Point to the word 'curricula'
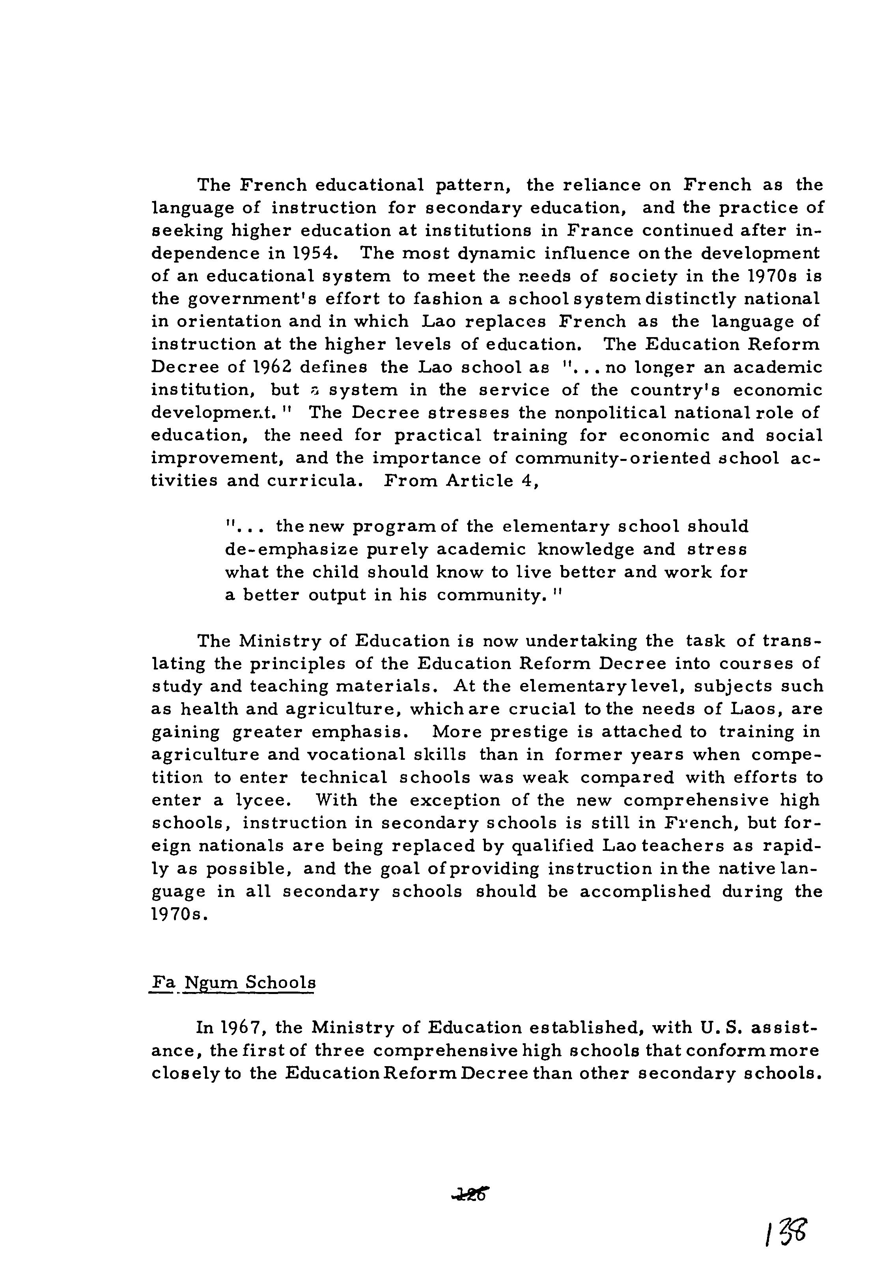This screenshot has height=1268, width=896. [x=314, y=481]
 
